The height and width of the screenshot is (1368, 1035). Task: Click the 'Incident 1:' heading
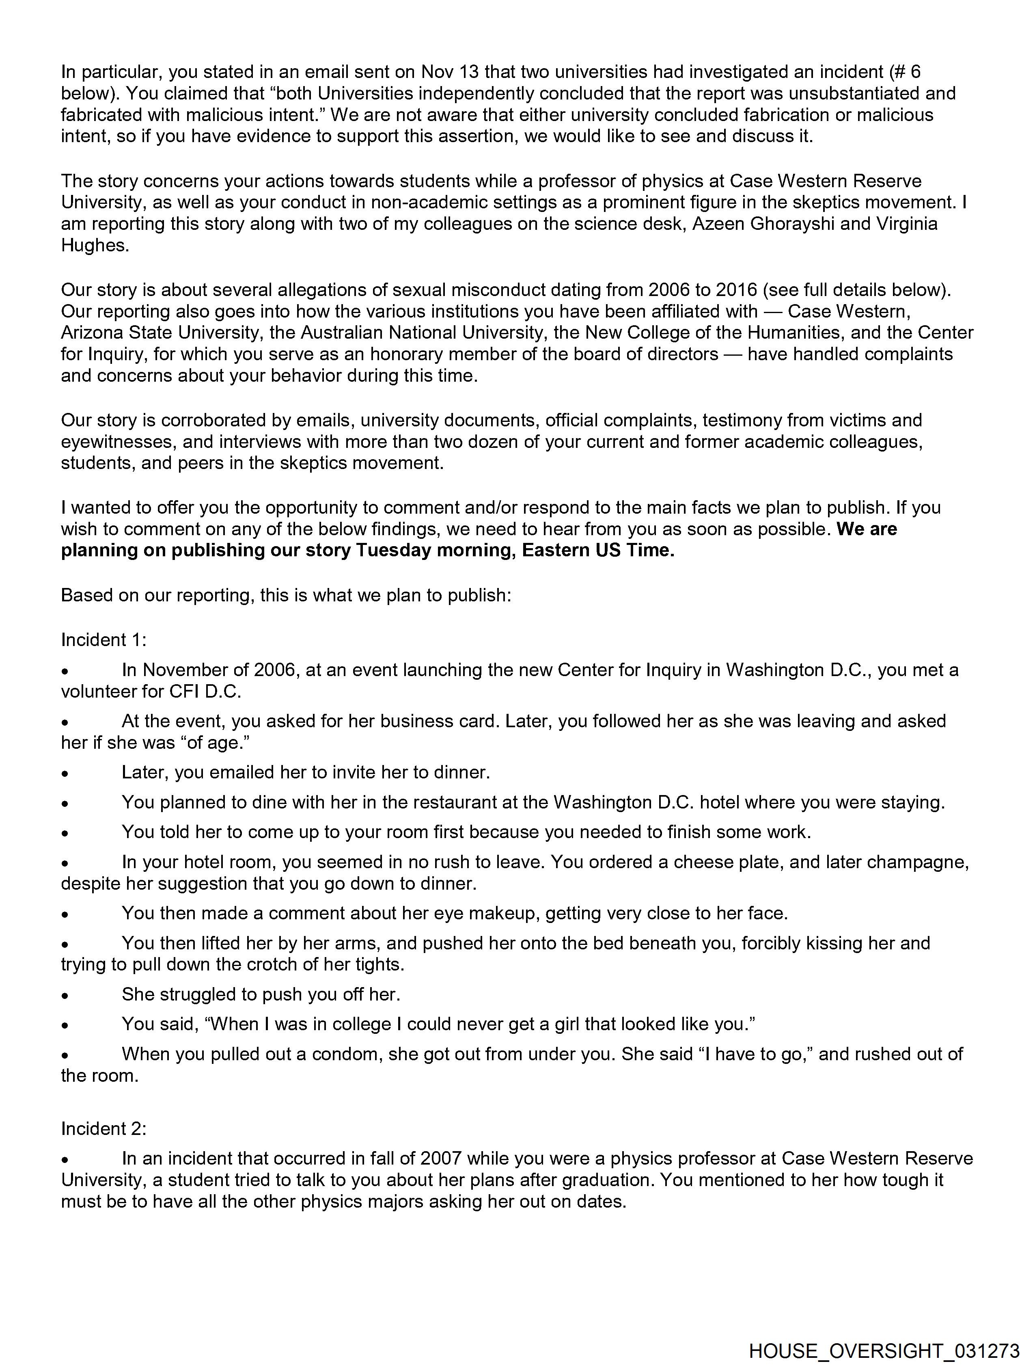pyautogui.click(x=103, y=640)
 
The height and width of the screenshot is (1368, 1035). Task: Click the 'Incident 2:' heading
pyautogui.click(x=103, y=1129)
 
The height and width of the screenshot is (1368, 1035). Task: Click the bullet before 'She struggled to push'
pyautogui.click(x=64, y=995)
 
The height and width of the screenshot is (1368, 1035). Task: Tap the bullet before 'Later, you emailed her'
pyautogui.click(x=64, y=773)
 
